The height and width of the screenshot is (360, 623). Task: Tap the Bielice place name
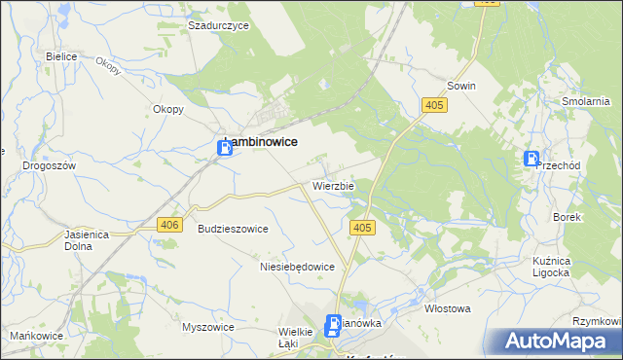click(61, 56)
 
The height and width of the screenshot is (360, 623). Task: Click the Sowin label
click(461, 86)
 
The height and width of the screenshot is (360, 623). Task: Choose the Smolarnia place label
click(586, 100)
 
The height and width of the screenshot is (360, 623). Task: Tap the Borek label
click(567, 217)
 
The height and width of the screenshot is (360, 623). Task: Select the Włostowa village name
click(448, 308)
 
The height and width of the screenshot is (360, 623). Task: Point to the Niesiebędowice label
click(297, 266)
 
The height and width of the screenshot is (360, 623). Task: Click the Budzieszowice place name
click(233, 228)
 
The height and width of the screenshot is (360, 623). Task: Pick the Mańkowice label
click(31, 336)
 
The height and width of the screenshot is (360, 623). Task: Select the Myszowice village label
click(208, 327)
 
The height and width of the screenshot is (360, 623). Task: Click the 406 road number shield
click(169, 225)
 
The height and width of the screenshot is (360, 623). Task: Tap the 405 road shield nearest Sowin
click(435, 104)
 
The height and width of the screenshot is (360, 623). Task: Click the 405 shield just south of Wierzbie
click(361, 228)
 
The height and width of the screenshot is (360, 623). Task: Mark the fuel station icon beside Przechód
click(532, 159)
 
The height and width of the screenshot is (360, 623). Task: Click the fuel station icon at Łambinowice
click(224, 147)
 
